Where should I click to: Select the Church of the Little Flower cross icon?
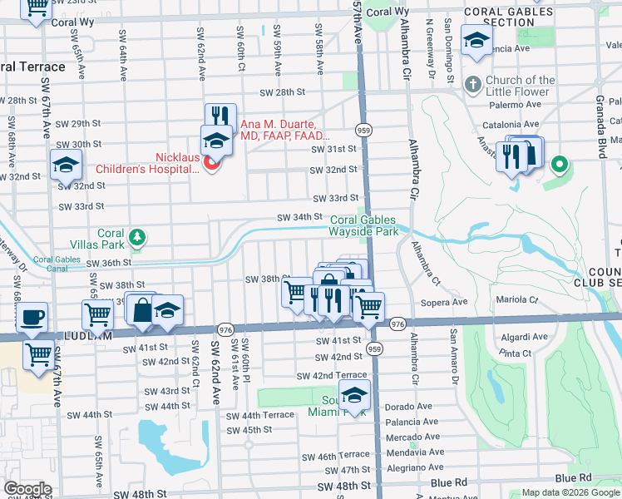(x=473, y=85)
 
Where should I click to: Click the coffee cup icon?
(x=32, y=317)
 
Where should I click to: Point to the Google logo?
(x=27, y=489)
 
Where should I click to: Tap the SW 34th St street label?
(x=299, y=217)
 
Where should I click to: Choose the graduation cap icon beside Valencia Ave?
(x=476, y=40)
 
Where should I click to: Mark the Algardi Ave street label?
(x=523, y=337)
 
